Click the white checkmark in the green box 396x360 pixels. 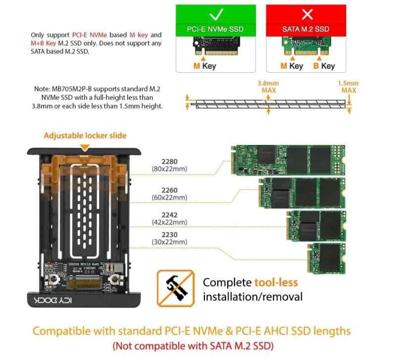coord(216,14)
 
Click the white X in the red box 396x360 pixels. coord(307,14)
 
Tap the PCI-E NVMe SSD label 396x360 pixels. coord(216,29)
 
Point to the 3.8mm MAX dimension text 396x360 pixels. coord(268,87)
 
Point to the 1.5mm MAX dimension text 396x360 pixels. coord(348,87)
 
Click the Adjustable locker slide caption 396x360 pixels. coord(85,135)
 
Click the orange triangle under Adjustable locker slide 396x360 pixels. coord(85,147)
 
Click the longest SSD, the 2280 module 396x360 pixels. coord(288,160)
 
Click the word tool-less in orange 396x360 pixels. coord(276,283)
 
